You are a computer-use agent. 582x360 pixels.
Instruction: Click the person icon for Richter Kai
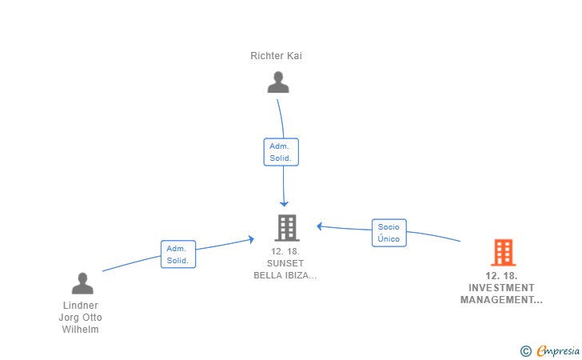pyautogui.click(x=278, y=82)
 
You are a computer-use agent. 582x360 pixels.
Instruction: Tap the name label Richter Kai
pyautogui.click(x=276, y=56)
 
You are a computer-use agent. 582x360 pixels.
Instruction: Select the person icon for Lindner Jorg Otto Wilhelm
pyautogui.click(x=82, y=283)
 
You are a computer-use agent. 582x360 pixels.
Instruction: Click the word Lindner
pyautogui.click(x=81, y=306)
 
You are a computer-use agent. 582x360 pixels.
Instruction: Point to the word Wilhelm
pyautogui.click(x=81, y=330)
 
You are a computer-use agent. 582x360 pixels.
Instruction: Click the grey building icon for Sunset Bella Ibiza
pyautogui.click(x=287, y=228)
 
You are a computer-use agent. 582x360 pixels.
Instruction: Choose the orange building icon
pyautogui.click(x=504, y=253)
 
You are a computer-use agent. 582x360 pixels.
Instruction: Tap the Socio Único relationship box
pyautogui.click(x=389, y=233)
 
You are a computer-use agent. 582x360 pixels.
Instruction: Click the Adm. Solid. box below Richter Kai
pyautogui.click(x=281, y=152)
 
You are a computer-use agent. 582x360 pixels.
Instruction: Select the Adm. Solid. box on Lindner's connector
pyautogui.click(x=178, y=254)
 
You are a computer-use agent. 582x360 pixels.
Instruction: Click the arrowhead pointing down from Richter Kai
pyautogui.click(x=284, y=203)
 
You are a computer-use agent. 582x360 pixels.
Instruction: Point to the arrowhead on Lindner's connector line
pyautogui.click(x=251, y=240)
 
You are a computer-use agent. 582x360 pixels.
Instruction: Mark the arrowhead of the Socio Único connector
pyautogui.click(x=319, y=226)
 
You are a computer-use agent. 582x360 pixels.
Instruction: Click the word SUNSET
pyautogui.click(x=285, y=263)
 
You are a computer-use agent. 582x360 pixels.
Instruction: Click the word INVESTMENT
pyautogui.click(x=501, y=288)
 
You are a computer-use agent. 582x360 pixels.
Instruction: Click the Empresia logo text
pyautogui.click(x=558, y=350)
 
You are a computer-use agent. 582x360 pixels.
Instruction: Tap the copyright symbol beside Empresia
pyautogui.click(x=526, y=351)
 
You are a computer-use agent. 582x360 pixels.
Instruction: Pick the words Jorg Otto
pyautogui.click(x=80, y=318)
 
